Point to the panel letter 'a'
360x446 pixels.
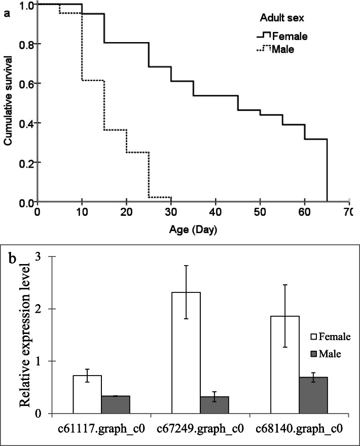click(7, 14)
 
